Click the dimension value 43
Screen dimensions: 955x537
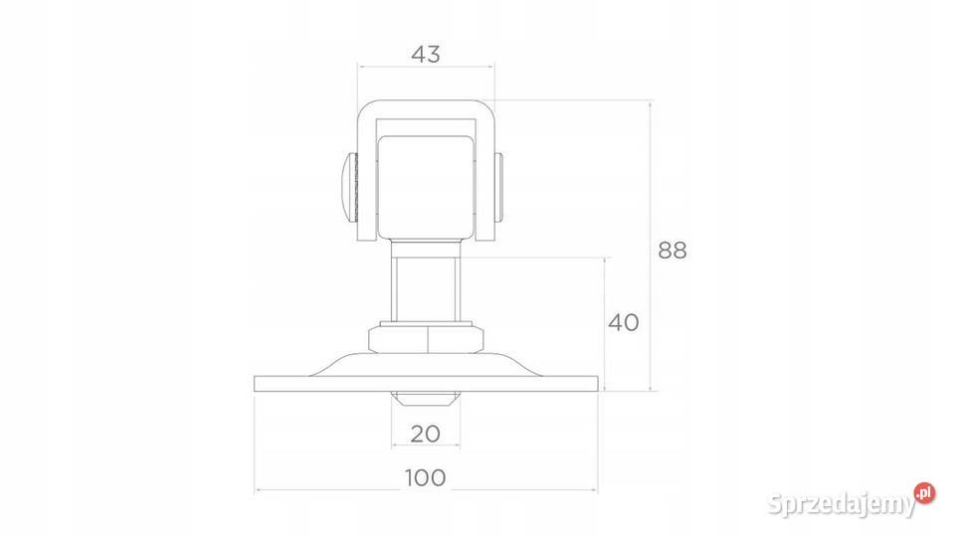[x=425, y=54]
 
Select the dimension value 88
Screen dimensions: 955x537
[x=672, y=251]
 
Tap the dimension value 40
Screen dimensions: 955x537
[x=623, y=322]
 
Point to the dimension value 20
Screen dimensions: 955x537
[x=425, y=434]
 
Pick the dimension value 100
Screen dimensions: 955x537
[x=425, y=478]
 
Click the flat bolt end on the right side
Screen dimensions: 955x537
[x=498, y=187]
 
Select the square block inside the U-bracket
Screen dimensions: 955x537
[x=427, y=188]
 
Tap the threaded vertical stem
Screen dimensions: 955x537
[x=426, y=289]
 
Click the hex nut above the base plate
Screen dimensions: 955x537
[x=427, y=339]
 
